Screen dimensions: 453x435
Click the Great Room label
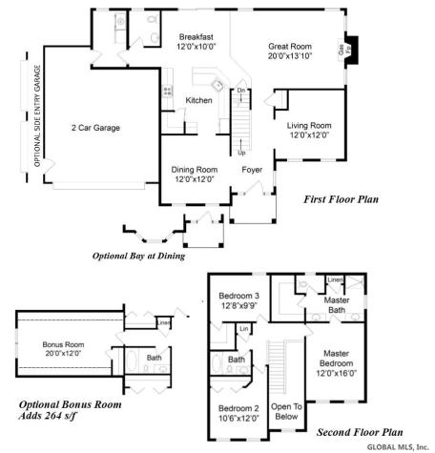(x=291, y=44)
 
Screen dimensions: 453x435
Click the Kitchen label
(x=198, y=101)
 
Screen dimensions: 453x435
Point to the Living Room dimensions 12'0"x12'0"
(x=310, y=135)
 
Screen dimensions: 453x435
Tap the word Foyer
(x=252, y=170)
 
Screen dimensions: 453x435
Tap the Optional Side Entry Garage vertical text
(x=37, y=115)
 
